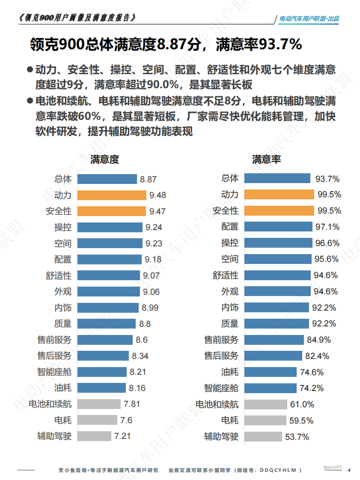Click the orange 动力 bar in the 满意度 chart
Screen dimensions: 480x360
pos(112,195)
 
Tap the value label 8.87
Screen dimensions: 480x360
pos(148,179)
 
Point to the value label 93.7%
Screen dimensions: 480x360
pos(327,178)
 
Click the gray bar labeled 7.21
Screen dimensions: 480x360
pos(94,436)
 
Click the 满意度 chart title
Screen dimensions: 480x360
pos(104,160)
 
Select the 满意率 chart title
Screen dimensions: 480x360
pos(266,160)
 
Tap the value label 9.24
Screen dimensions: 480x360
pos(154,228)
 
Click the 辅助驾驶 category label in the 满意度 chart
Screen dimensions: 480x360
pos(54,436)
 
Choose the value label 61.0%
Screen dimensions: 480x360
pos(302,404)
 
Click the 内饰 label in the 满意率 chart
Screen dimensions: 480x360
pos(229,307)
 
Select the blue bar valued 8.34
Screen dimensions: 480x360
pos(103,356)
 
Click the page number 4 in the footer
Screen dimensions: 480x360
pos(349,470)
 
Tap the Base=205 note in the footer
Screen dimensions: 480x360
pos(332,467)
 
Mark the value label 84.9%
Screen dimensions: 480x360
pos(318,340)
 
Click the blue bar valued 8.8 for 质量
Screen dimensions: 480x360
pos(107,324)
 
